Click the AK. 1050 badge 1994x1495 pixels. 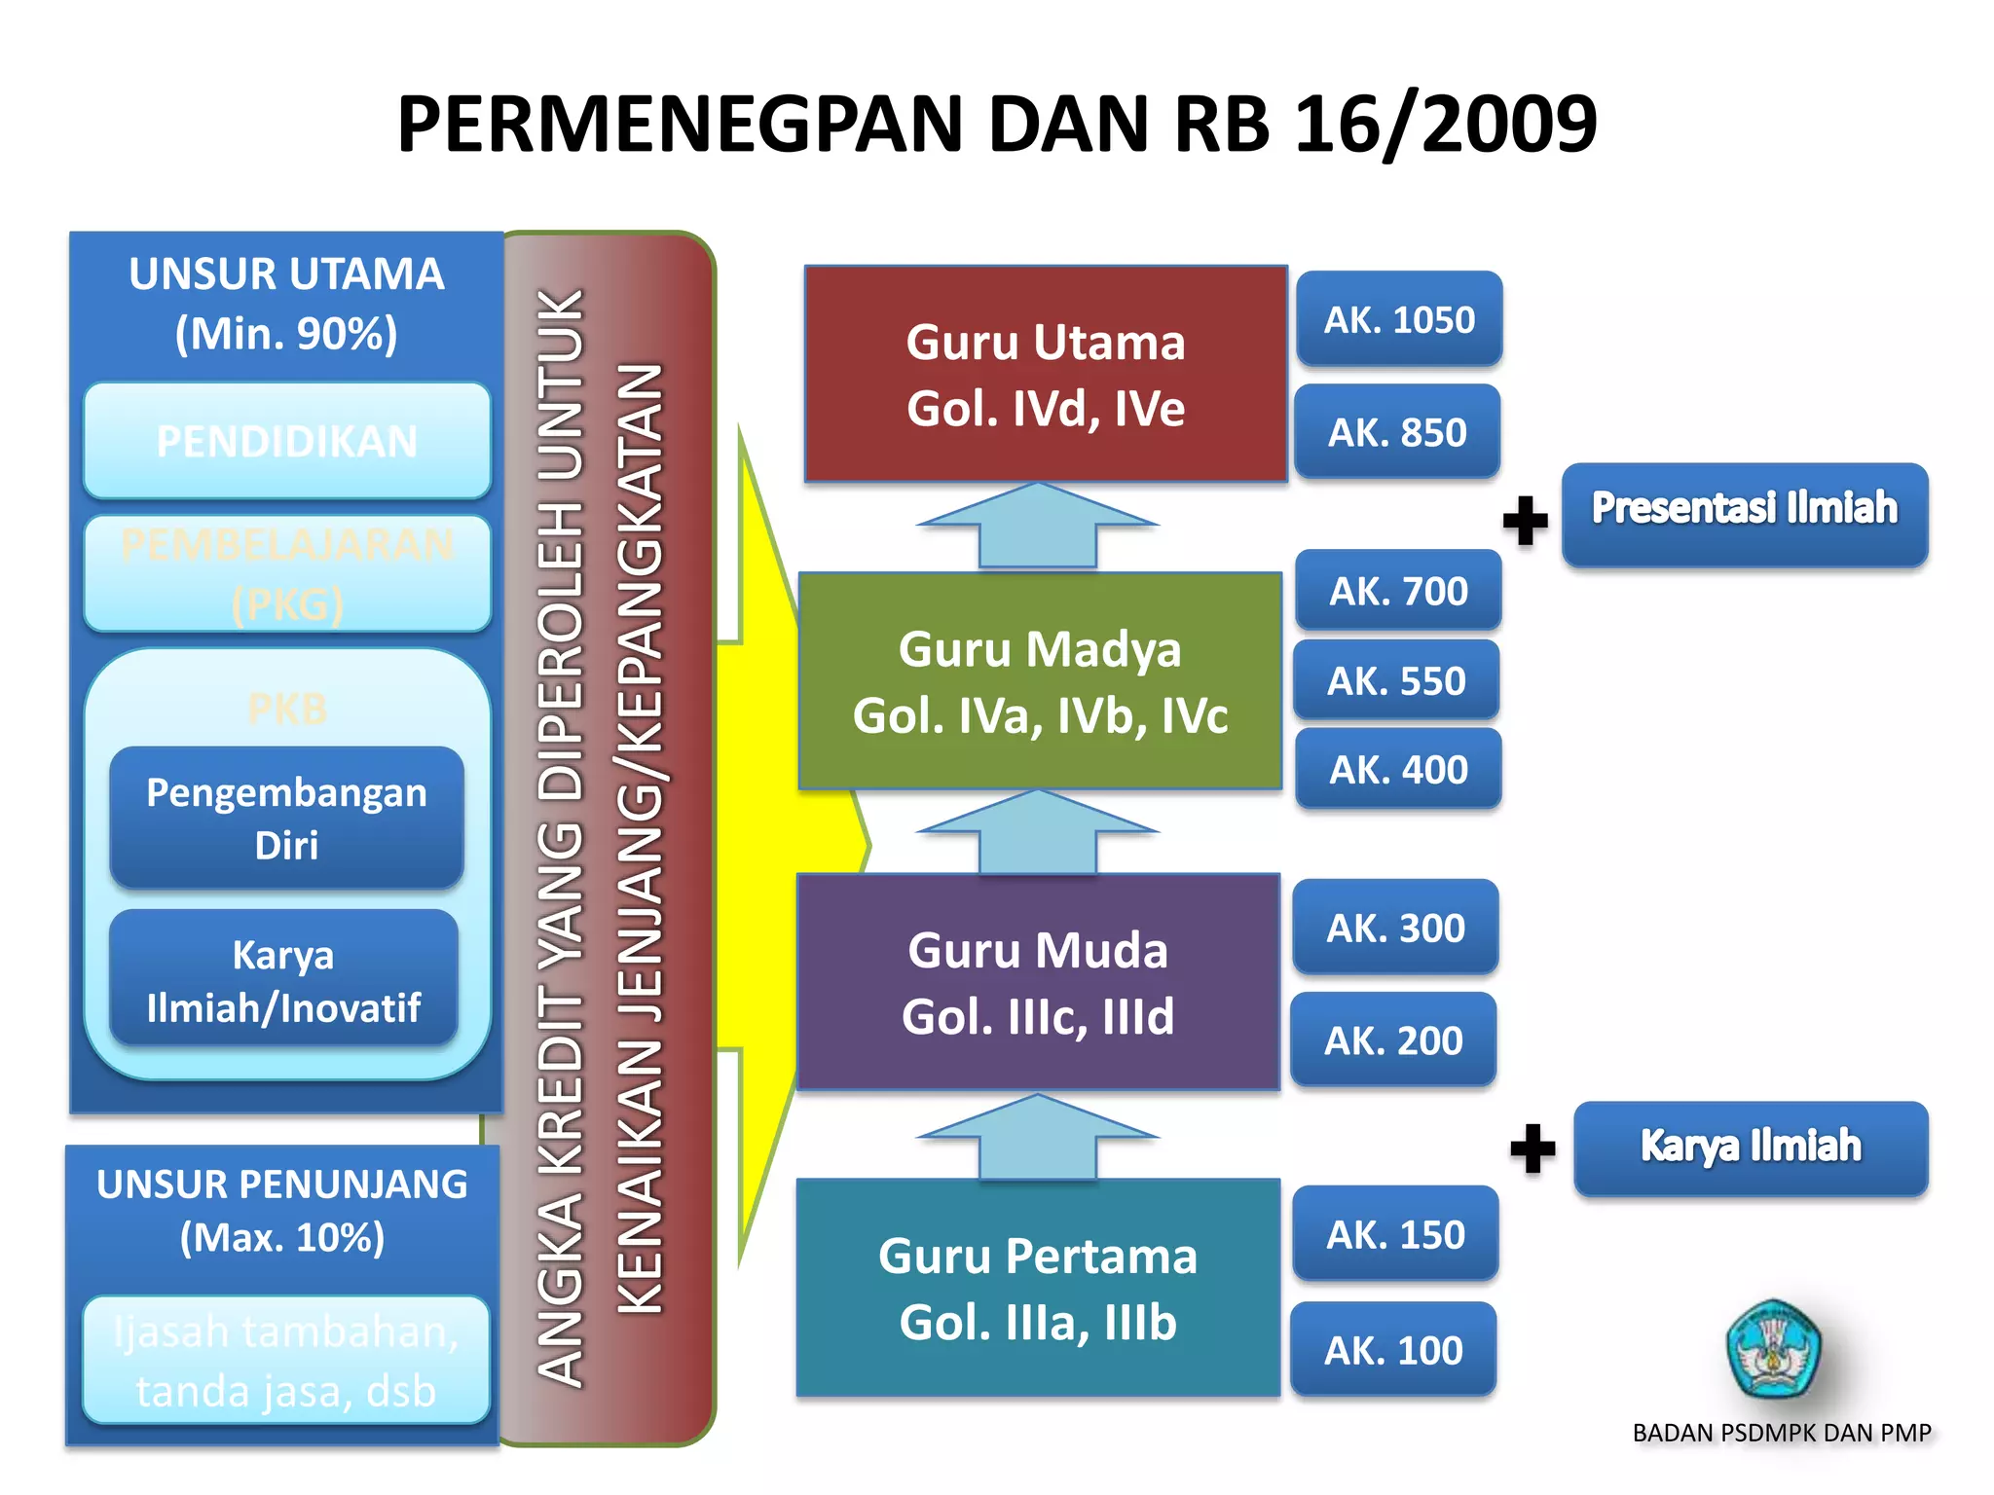(x=1399, y=319)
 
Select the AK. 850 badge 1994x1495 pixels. (x=1397, y=432)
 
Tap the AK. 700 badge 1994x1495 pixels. (x=1398, y=591)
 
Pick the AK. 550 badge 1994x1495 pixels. (x=1396, y=680)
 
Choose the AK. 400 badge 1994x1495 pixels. (x=1398, y=770)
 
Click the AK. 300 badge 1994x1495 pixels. (x=1395, y=928)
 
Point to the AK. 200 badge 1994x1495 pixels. (x=1393, y=1040)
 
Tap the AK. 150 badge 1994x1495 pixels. (x=1395, y=1234)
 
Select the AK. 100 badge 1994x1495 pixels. (x=1393, y=1350)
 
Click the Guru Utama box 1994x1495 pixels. (x=1046, y=374)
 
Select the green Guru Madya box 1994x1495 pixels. (x=1040, y=681)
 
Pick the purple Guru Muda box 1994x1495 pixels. (x=1038, y=982)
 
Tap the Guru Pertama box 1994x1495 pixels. (x=1038, y=1288)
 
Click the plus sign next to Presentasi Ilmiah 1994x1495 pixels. (x=1526, y=521)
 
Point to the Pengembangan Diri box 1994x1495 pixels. (x=286, y=818)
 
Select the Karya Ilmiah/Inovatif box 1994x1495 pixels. (x=283, y=979)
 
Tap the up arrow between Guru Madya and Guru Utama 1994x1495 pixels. (x=1038, y=526)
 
